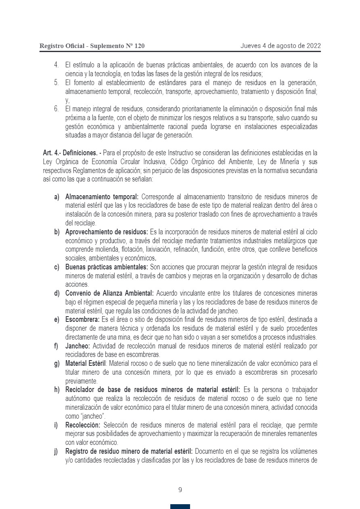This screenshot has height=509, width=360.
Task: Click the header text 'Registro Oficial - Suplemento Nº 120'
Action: [x=92, y=46]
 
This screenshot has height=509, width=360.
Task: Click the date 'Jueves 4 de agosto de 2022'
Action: [x=280, y=46]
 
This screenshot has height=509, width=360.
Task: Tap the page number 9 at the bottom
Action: [x=180, y=490]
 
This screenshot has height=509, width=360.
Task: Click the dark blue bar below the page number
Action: [x=180, y=507]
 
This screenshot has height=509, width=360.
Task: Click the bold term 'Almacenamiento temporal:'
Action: [x=102, y=197]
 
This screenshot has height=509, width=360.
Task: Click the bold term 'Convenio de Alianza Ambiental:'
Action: [x=109, y=293]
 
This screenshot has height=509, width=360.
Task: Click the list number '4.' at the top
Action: [x=57, y=65]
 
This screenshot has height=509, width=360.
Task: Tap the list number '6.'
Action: [x=57, y=109]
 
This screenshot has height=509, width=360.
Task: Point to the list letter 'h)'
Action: [x=57, y=390]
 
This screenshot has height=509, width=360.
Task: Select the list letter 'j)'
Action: [x=57, y=451]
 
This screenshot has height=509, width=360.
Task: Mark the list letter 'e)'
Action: [x=57, y=319]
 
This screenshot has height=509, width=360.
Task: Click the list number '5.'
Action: [x=57, y=83]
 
